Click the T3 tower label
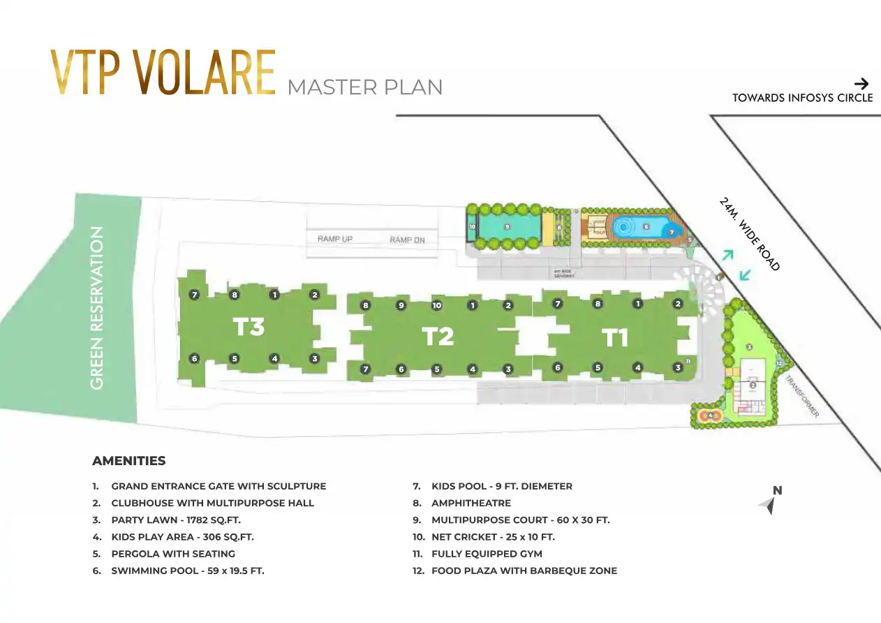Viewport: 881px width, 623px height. pos(249,326)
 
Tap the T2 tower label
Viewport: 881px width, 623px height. pos(438,337)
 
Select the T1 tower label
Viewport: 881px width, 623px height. pos(615,338)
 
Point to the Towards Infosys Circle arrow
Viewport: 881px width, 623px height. pos(861,84)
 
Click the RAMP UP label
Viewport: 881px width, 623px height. pos(335,239)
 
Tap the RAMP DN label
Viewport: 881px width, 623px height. pos(407,240)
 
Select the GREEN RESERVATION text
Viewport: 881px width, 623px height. pos(97,307)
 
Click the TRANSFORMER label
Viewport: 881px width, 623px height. pos(802,396)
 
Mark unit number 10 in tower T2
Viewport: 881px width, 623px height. pos(437,305)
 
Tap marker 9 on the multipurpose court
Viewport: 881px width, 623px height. pos(507,227)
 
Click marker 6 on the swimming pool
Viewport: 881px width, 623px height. pos(646,226)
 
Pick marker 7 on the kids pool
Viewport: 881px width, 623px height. pos(672,232)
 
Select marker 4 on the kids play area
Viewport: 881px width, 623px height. pos(710,416)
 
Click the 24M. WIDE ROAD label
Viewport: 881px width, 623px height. pos(749,234)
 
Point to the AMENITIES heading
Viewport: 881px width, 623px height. pos(129,461)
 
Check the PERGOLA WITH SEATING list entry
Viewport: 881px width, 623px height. pos(172,554)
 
